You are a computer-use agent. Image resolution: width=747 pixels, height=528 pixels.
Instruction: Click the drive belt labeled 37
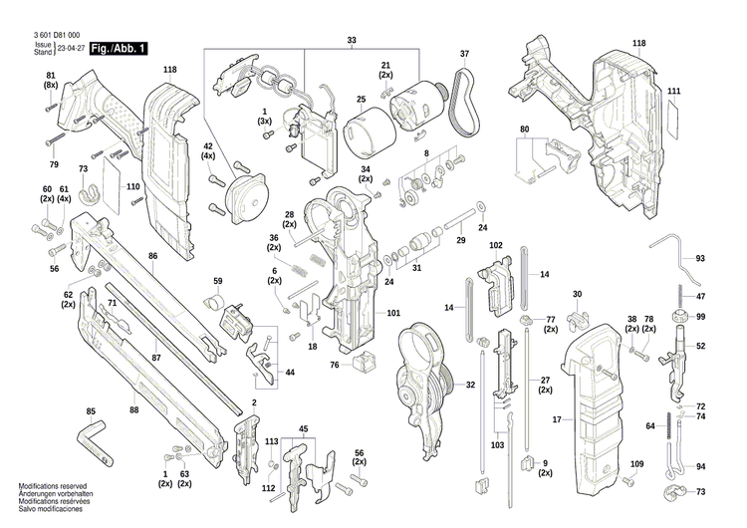(460, 100)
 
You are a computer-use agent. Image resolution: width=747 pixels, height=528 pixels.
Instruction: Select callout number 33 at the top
(351, 40)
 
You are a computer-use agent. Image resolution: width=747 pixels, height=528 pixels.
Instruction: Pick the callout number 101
(393, 314)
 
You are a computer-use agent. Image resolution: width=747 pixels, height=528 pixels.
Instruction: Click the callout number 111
(674, 92)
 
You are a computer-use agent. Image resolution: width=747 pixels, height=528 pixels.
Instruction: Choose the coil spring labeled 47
(680, 297)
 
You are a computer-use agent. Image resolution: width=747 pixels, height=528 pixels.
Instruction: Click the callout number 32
(470, 385)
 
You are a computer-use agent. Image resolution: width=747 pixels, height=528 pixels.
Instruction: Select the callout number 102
(496, 245)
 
